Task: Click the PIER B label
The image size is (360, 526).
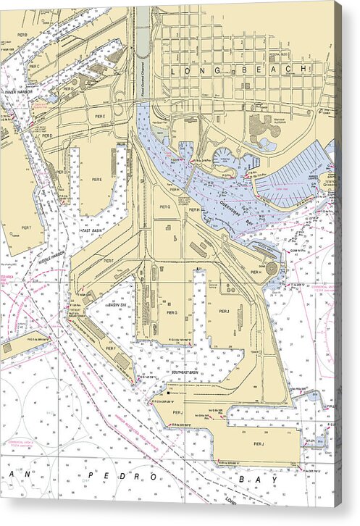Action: coord(22,35)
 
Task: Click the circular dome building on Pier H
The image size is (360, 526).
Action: coord(272,268)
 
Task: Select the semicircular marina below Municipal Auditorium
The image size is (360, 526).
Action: coord(225,157)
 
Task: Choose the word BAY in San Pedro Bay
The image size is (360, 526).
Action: coord(261,479)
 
